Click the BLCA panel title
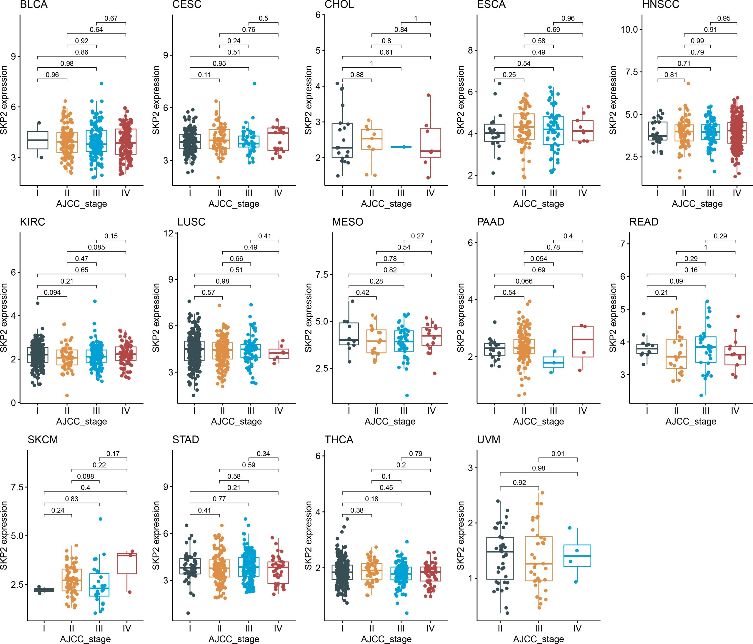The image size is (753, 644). pyautogui.click(x=34, y=5)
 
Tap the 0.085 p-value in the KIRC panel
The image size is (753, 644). pyautogui.click(x=96, y=247)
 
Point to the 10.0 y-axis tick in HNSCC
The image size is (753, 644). pyautogui.click(x=629, y=29)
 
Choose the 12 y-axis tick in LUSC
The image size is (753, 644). pyautogui.click(x=168, y=233)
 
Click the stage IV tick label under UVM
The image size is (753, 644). pyautogui.click(x=577, y=628)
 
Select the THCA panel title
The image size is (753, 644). pyautogui.click(x=339, y=440)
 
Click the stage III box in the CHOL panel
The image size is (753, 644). pyautogui.click(x=401, y=147)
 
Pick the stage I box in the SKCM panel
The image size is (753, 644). pyautogui.click(x=44, y=590)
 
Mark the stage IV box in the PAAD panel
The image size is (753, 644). pyautogui.click(x=583, y=341)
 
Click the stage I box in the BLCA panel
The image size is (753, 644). pyautogui.click(x=38, y=140)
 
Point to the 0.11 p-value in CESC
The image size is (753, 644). pyautogui.click(x=205, y=75)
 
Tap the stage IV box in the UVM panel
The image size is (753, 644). pyautogui.click(x=577, y=556)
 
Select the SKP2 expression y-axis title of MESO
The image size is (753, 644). pyautogui.click(x=309, y=318)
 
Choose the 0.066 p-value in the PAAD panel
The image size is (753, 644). pyautogui.click(x=524, y=281)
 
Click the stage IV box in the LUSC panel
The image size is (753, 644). pyautogui.click(x=279, y=353)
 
